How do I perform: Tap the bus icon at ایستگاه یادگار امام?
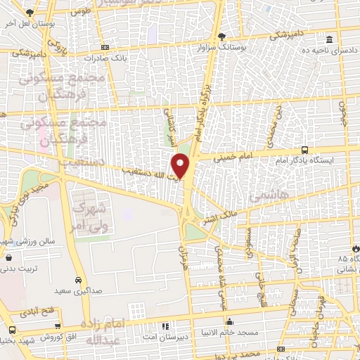pyautogui.click(x=304, y=150)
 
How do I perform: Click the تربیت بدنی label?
pyautogui.click(x=16, y=269)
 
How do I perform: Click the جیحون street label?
pyautogui.click(x=344, y=117)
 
